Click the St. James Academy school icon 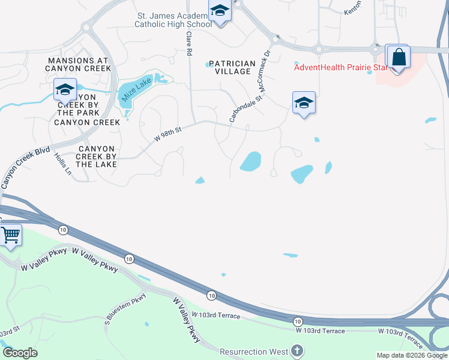(220, 11)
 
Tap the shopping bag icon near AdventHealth (398, 58)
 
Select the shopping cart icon (10, 235)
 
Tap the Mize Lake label (137, 91)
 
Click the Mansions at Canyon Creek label (78, 64)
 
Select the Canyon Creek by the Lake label (96, 156)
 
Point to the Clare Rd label (188, 45)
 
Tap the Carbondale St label (246, 109)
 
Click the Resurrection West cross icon (297, 350)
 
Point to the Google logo (20, 353)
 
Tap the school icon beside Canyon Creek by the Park (65, 91)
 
